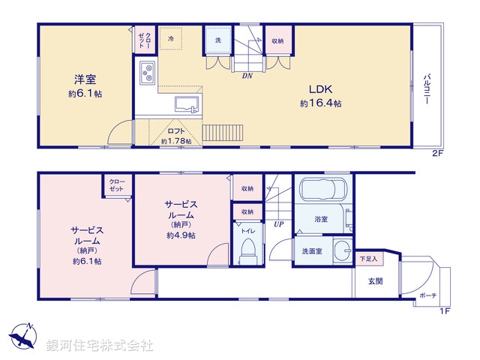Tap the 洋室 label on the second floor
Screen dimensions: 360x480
pos(84,79)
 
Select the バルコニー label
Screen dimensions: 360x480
pos(425,89)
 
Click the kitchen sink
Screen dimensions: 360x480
pos(184,103)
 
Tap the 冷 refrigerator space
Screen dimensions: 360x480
pos(171,38)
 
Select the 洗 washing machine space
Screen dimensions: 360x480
pos(218,40)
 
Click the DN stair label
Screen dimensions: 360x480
pos(247,76)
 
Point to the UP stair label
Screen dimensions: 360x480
pos(278,223)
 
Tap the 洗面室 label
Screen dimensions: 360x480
pos(312,251)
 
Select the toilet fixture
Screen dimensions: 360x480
pos(247,251)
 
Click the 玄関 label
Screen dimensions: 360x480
pos(376,281)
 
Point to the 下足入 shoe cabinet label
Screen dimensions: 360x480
pos(368,259)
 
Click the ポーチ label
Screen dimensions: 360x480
pos(427,295)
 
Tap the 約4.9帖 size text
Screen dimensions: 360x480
pos(181,235)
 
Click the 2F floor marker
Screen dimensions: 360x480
pos(437,153)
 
